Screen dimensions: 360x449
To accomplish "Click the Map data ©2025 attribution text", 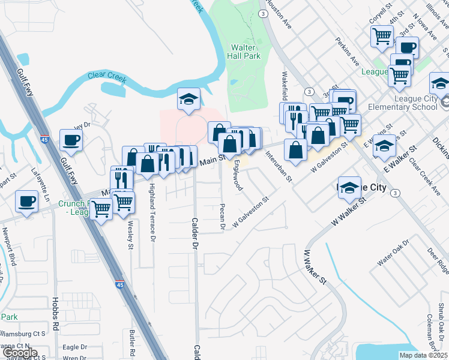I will click(x=423, y=355).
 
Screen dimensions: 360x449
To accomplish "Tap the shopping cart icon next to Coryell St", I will click(x=382, y=37).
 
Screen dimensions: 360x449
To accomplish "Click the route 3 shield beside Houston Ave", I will click(x=263, y=13).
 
